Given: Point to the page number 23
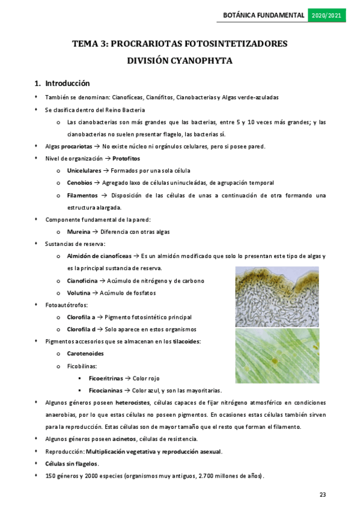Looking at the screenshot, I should [323, 494].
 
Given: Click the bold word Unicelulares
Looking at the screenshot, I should [84, 171].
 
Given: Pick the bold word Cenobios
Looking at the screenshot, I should [79, 183].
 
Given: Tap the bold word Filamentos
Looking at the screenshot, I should [82, 195].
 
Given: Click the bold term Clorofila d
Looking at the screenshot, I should [82, 330].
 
